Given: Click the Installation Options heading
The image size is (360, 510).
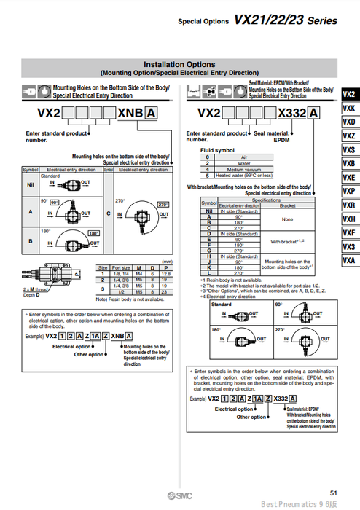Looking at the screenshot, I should point(179,64).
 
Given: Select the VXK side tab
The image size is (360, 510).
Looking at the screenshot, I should point(349,108).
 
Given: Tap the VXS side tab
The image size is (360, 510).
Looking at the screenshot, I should point(349,149).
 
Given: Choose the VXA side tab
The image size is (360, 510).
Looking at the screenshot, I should point(349,260).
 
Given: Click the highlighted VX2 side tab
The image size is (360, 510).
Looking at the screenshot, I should point(349,94).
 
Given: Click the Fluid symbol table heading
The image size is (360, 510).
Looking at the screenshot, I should point(217,150).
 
